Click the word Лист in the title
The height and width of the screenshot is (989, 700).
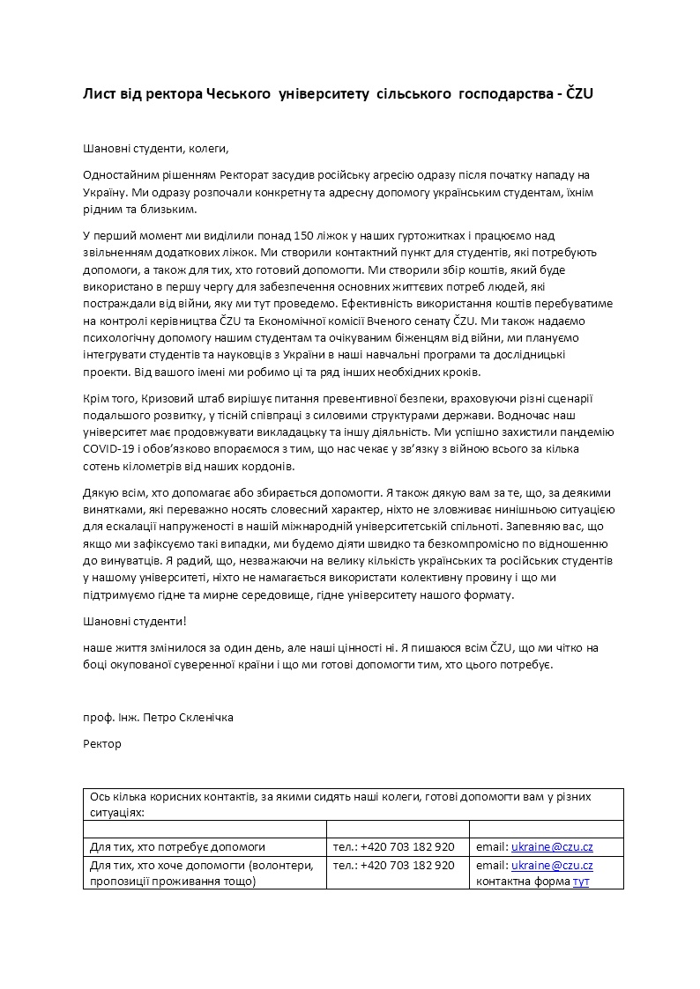pos(99,93)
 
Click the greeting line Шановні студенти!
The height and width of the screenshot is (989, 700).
pos(134,622)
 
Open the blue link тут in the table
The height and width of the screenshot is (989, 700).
pos(581,881)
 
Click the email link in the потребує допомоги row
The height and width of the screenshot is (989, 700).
pos(552,847)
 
